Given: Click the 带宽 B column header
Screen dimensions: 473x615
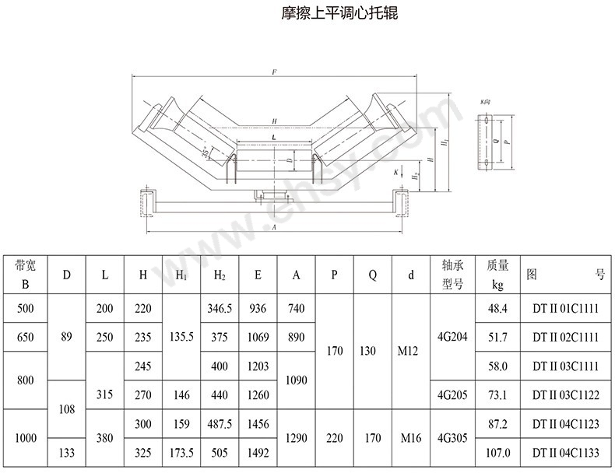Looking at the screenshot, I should click(x=26, y=275).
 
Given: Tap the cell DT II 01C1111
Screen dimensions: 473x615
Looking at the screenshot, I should click(x=566, y=309).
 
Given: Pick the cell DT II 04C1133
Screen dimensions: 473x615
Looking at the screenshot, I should click(x=566, y=452).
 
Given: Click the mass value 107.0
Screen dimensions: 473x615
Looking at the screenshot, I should click(x=497, y=452).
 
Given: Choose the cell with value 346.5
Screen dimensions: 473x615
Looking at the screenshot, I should click(x=220, y=309).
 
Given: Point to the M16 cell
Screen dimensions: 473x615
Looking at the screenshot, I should click(x=411, y=438).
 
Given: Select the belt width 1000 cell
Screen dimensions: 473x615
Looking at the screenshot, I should click(x=26, y=438).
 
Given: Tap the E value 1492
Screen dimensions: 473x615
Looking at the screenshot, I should click(x=258, y=452).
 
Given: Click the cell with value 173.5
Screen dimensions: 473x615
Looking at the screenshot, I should click(x=181, y=452).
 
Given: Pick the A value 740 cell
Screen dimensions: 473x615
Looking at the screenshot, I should click(x=296, y=309).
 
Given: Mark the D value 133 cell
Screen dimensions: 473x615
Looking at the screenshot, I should click(x=67, y=452).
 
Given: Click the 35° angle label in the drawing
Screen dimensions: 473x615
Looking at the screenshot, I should click(x=206, y=152).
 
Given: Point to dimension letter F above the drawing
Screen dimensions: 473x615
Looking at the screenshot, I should click(x=274, y=72).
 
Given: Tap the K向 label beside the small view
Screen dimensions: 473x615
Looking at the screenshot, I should click(x=486, y=102).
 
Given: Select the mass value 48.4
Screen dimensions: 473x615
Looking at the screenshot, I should click(x=497, y=309).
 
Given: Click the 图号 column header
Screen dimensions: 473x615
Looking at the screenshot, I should click(x=566, y=275).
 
